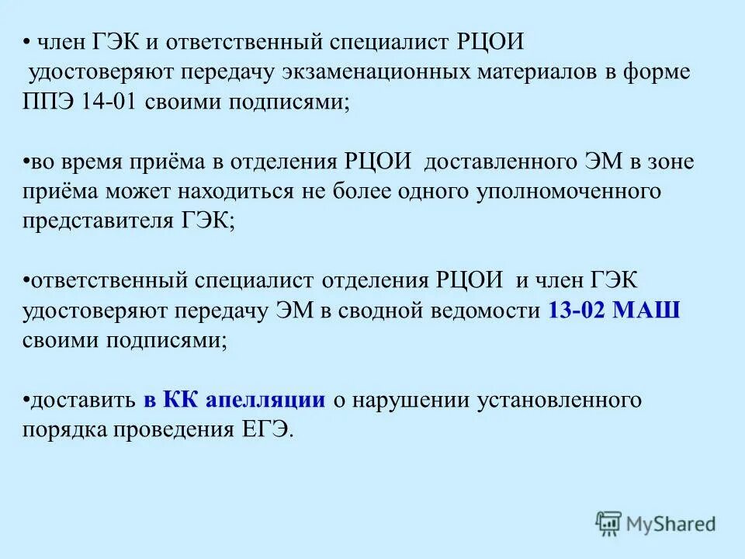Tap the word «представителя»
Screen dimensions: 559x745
tap(98, 220)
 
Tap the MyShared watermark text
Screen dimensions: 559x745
tap(670, 525)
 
